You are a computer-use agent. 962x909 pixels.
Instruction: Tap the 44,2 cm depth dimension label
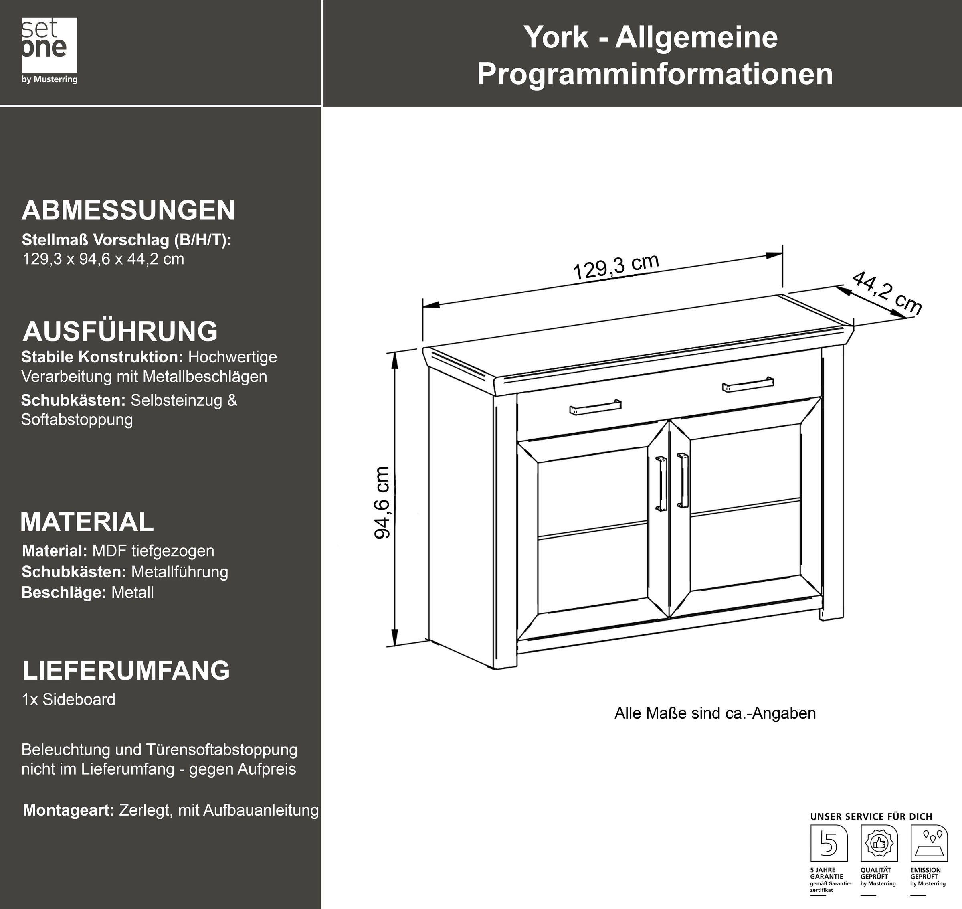pos(886,293)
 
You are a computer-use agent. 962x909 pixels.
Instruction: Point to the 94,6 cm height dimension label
pos(383,502)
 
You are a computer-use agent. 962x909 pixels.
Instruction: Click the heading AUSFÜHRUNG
pos(120,332)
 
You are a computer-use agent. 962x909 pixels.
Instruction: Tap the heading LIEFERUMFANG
pos(126,670)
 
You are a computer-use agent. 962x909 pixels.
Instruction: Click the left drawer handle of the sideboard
pos(595,407)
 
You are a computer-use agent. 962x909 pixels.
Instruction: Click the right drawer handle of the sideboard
pos(748,384)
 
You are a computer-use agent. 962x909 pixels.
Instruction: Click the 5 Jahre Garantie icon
pos(829,843)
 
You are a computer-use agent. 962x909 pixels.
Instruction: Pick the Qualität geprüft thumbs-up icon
pos(879,843)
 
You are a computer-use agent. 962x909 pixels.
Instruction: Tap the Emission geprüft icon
pos(929,843)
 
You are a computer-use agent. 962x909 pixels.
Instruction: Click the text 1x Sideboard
pos(69,700)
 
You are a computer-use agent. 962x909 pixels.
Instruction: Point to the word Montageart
pos(68,810)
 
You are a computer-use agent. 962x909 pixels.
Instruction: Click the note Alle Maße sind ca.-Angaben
pos(715,713)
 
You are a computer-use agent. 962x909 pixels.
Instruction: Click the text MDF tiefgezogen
pos(153,551)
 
